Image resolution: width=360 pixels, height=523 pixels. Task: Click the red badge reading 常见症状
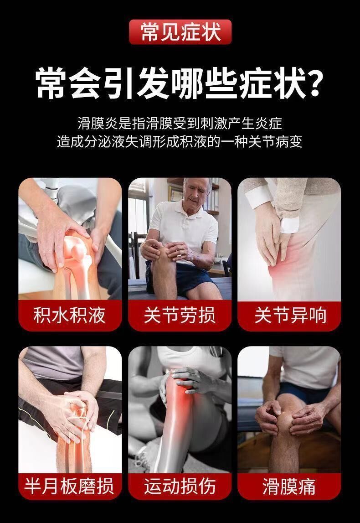(180, 31)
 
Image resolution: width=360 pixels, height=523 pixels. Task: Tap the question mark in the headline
(314, 83)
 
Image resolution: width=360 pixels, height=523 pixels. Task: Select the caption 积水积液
(69, 316)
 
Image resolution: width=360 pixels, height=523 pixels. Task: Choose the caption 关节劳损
(180, 316)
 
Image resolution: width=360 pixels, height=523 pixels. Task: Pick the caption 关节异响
(290, 316)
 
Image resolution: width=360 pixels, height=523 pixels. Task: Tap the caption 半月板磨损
(69, 486)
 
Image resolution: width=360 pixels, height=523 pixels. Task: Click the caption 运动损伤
(180, 486)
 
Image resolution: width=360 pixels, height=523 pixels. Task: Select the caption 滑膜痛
(289, 486)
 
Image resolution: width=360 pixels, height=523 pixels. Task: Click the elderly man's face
(196, 193)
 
